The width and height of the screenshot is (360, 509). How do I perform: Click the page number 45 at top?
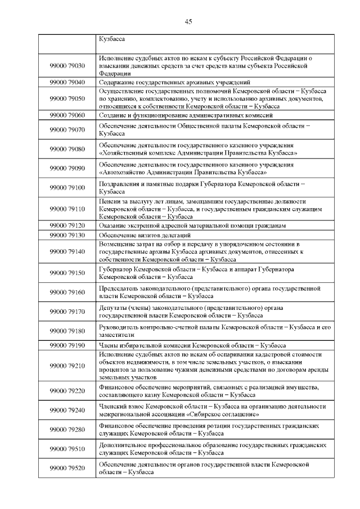pos(188,22)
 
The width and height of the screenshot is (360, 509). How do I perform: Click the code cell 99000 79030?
pos(67,66)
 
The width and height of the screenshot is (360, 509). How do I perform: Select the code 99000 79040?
pos(67,82)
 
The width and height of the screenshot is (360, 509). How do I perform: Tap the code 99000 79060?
pos(67,115)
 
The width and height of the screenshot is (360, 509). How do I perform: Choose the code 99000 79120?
pos(67,225)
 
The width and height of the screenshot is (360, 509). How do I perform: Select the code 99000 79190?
pos(67,345)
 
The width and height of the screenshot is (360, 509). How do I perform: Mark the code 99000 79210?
pos(67,366)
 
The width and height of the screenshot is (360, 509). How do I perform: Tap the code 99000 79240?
pos(67,410)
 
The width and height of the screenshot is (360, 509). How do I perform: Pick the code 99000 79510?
pos(67,448)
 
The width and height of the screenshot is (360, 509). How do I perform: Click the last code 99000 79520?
pos(67,468)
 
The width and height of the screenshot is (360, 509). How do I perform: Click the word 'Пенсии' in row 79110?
pos(109,201)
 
